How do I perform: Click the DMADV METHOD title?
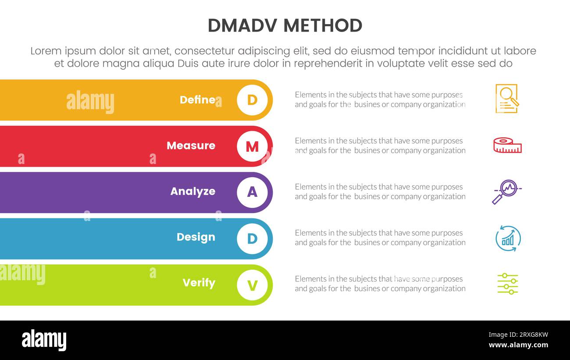[x=285, y=26]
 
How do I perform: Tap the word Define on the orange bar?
[x=197, y=100]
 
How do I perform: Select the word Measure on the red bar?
[x=191, y=146]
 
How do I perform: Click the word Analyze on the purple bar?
[x=192, y=192]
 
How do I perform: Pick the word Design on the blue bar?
[x=196, y=237]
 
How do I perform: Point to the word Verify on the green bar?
[x=199, y=283]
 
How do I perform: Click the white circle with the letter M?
[x=252, y=146]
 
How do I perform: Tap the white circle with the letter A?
[x=252, y=192]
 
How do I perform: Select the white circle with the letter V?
[x=252, y=285]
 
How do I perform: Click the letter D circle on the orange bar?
[x=252, y=100]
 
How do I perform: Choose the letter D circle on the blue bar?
[x=252, y=239]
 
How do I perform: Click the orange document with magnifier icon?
[x=507, y=99]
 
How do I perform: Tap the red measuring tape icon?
[x=507, y=146]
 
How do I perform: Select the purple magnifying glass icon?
[x=506, y=192]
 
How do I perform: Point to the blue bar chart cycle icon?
[x=508, y=239]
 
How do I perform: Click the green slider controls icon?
[x=508, y=284]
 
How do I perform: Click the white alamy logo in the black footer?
[x=44, y=340]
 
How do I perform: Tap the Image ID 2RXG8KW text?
[x=518, y=335]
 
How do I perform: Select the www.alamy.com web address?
[x=518, y=345]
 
